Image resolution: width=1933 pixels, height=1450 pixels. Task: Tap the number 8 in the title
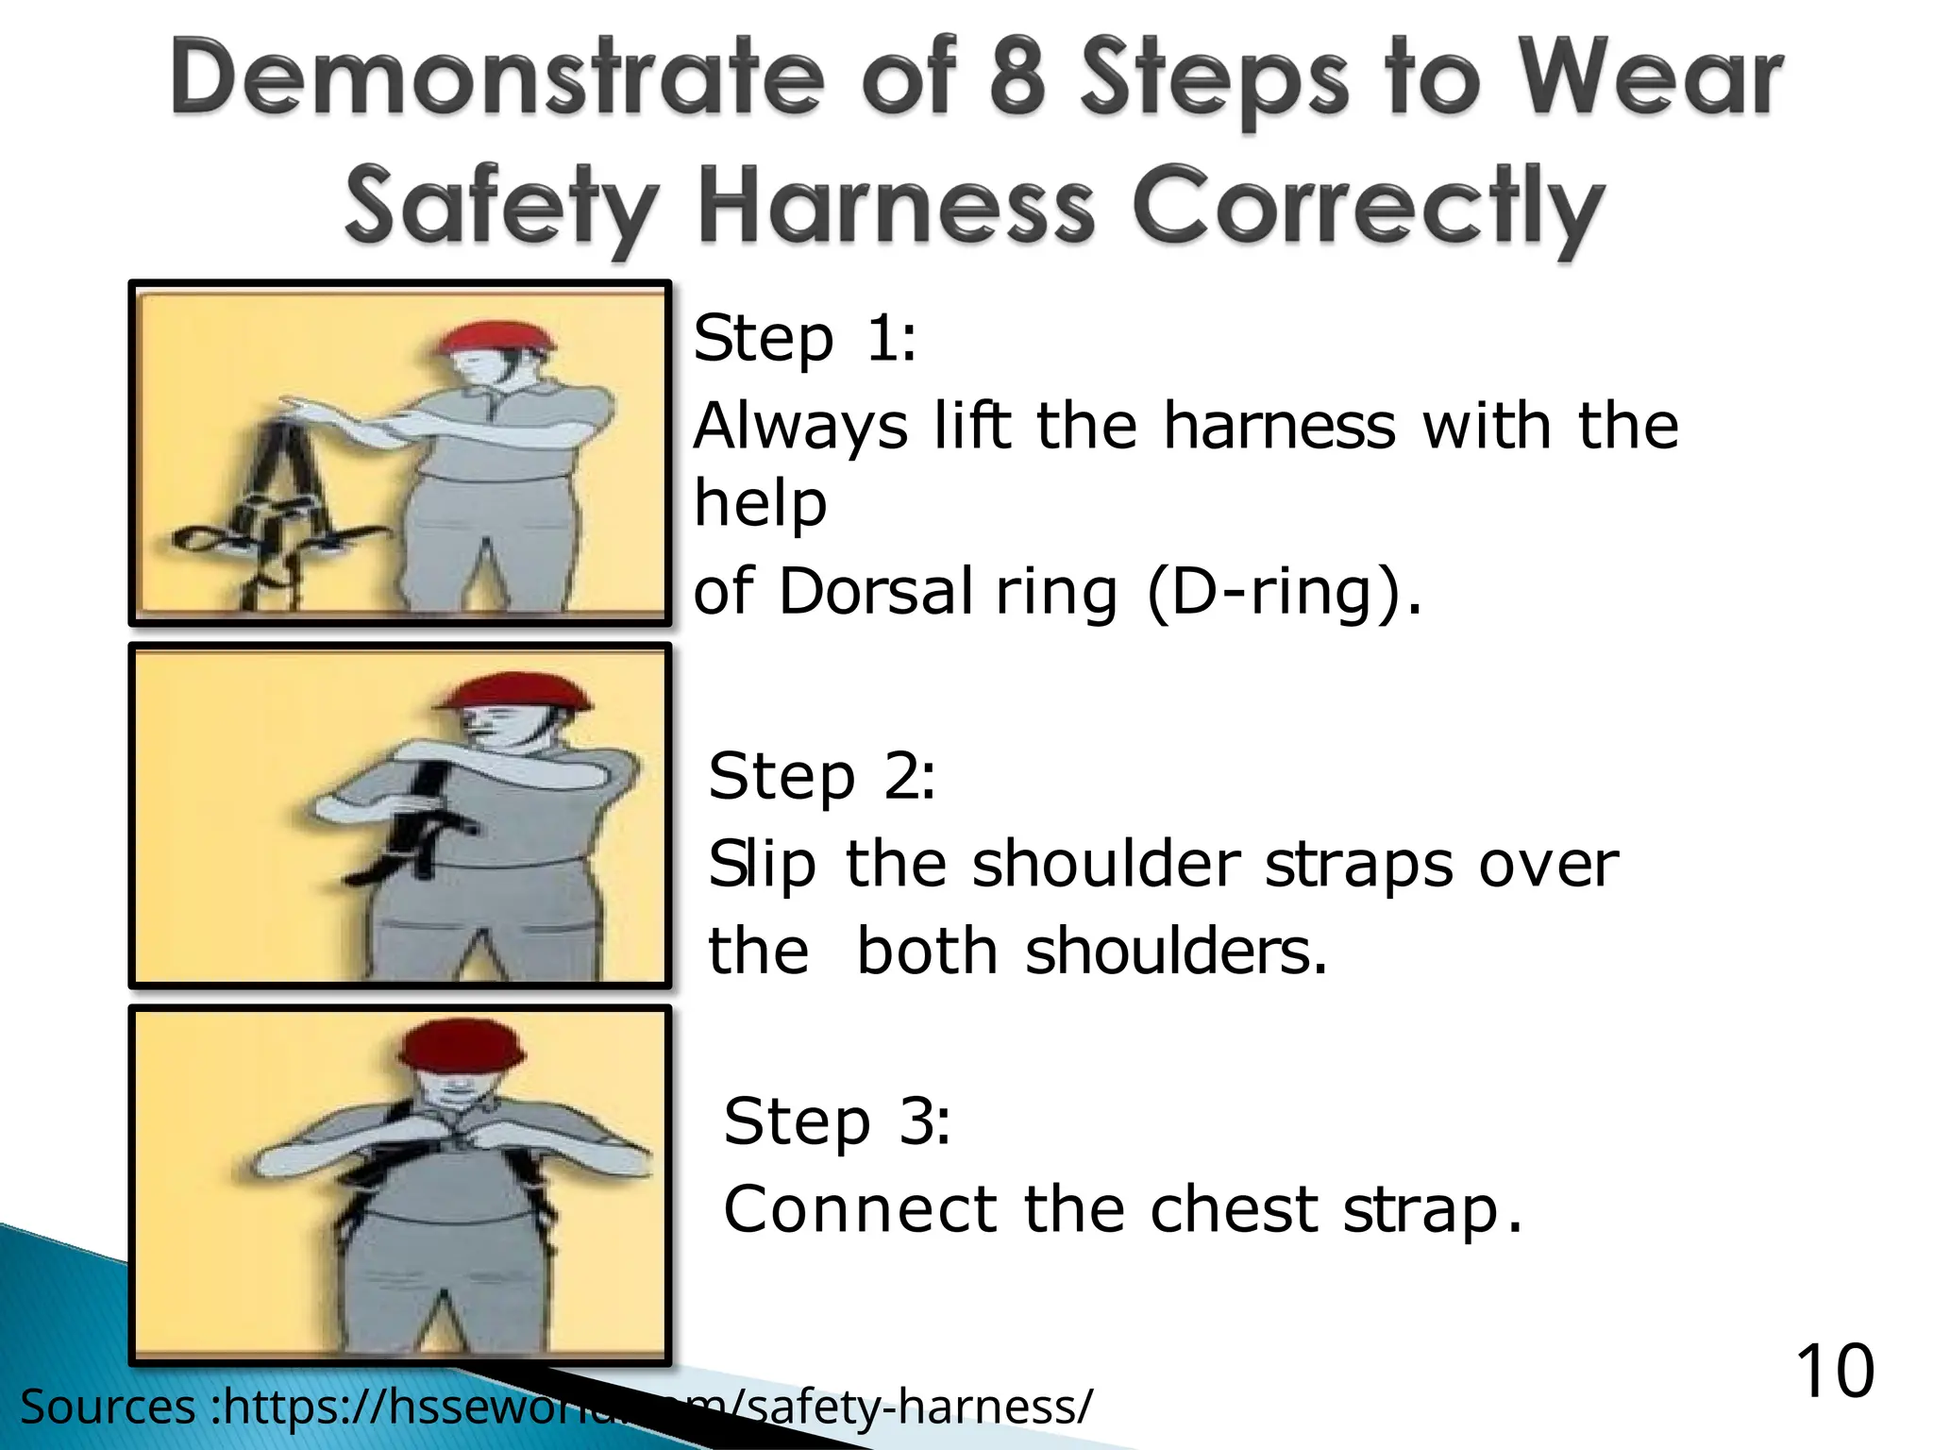click(1017, 80)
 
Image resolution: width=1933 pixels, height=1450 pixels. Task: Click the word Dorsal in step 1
click(875, 592)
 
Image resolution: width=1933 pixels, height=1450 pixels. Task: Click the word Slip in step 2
click(762, 864)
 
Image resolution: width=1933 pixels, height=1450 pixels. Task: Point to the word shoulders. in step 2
click(1176, 951)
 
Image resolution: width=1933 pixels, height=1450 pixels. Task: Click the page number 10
click(1834, 1372)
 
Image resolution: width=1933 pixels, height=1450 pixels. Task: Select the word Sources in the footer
click(108, 1407)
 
